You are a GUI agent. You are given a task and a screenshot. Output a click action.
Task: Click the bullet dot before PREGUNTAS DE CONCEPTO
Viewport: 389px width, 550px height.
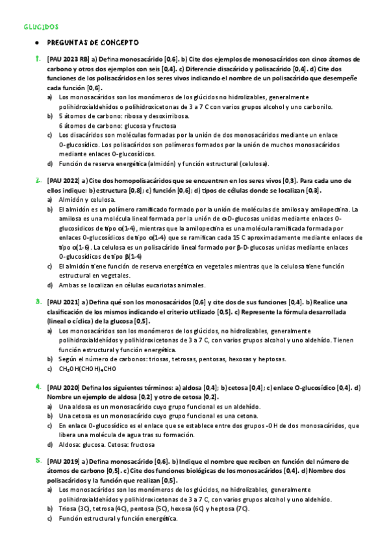pyautogui.click(x=37, y=43)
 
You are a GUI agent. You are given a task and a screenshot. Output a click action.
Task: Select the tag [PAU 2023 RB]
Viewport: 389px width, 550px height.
pyautogui.click(x=69, y=59)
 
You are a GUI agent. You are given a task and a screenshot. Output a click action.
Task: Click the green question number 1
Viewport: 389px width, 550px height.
pyautogui.click(x=37, y=58)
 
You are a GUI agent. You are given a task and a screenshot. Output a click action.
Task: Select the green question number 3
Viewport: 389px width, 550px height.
pyautogui.click(x=37, y=302)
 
